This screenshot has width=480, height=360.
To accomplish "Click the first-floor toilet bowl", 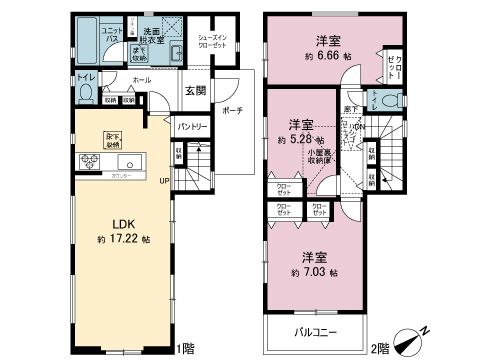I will tap(86, 96).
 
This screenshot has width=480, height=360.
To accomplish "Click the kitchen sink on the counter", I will tap(128, 163).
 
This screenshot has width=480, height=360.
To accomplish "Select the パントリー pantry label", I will tap(192, 127).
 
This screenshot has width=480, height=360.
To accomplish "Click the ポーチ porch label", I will tap(232, 112).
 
